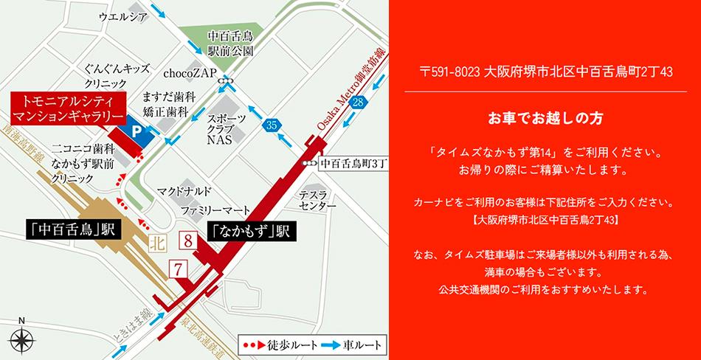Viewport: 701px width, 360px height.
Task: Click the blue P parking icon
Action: tap(136, 131)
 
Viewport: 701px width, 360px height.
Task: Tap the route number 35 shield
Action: tap(272, 126)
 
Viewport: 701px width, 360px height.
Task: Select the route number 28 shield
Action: tap(359, 102)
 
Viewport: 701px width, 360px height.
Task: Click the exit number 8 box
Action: tap(187, 240)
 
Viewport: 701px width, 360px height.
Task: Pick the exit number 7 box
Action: tap(176, 269)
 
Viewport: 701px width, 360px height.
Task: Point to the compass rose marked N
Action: tap(22, 339)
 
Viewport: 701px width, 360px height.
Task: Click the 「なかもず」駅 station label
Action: tap(249, 232)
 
